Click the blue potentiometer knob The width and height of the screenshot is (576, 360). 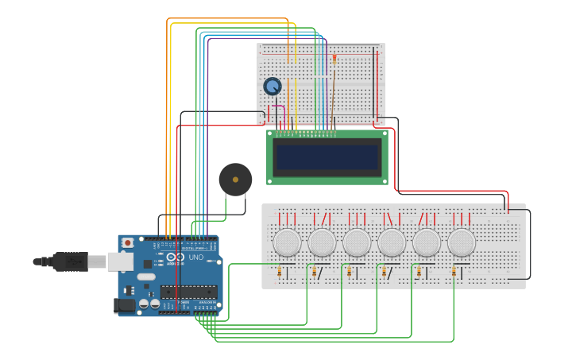click(x=273, y=86)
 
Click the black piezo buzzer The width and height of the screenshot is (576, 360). click(x=235, y=180)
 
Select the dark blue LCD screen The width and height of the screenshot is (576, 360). click(x=326, y=157)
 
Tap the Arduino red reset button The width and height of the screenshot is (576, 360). click(x=128, y=242)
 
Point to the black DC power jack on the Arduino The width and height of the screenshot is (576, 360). click(x=125, y=304)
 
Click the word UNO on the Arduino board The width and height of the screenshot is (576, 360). click(x=195, y=258)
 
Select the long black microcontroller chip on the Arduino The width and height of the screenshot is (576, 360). click(x=187, y=292)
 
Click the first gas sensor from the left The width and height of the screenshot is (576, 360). click(x=287, y=241)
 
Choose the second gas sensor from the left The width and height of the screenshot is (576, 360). click(x=322, y=241)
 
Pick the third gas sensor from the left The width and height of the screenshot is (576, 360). click(x=357, y=241)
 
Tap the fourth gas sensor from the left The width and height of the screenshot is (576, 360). click(x=392, y=241)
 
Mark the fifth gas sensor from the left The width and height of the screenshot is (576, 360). click(x=427, y=241)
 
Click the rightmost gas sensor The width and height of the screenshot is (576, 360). click(x=462, y=241)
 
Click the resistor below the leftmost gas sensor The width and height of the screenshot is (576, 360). click(x=280, y=272)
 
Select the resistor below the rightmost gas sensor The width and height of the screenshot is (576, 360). click(x=454, y=272)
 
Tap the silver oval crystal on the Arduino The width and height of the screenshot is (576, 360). click(x=146, y=277)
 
